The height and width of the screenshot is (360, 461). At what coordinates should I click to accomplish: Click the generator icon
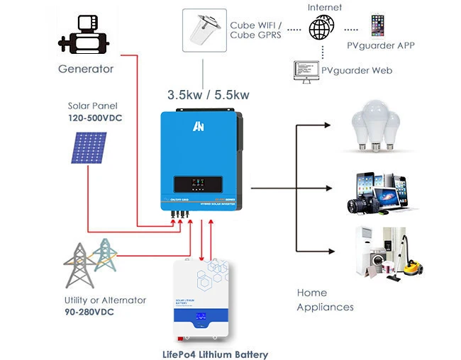click(86, 35)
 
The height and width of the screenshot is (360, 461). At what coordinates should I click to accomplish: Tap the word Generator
click(85, 69)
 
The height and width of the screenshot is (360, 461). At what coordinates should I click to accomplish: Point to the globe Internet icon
click(321, 28)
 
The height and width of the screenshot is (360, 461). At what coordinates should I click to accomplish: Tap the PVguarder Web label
click(357, 70)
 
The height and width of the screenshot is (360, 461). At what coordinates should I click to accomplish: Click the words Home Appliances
click(325, 300)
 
